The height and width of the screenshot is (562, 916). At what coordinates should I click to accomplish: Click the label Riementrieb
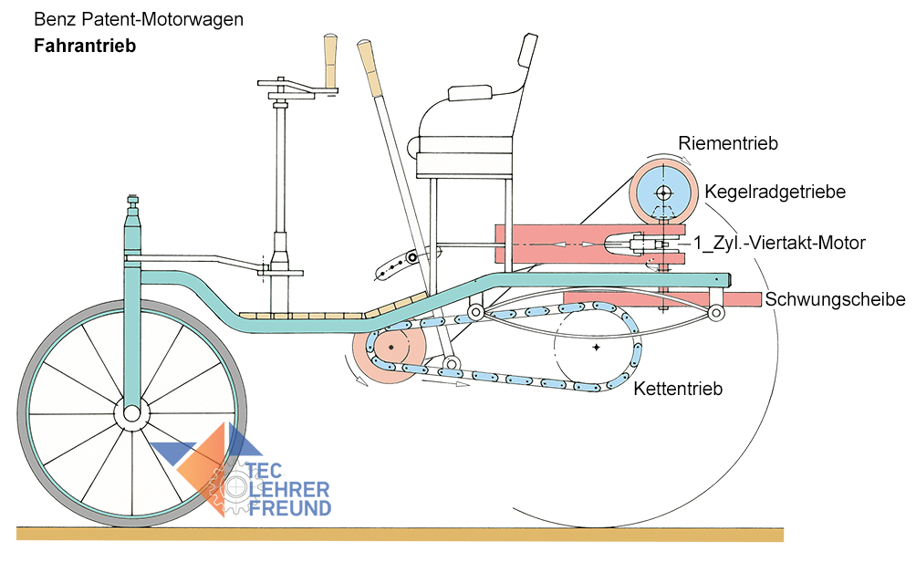[728, 142]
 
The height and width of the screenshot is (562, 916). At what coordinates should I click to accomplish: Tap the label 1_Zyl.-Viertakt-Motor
[778, 243]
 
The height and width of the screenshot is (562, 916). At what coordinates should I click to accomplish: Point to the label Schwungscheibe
[834, 299]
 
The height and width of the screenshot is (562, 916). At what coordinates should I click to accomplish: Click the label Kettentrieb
[679, 389]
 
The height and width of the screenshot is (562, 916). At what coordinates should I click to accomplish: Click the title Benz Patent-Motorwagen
[138, 18]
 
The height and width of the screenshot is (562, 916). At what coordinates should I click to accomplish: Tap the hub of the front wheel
[131, 413]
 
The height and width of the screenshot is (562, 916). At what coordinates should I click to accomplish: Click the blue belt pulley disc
[662, 193]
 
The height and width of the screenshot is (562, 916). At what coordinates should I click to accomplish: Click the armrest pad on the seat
[471, 94]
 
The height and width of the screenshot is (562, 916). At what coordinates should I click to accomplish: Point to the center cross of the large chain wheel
[596, 348]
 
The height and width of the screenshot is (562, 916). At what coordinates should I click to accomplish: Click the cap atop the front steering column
[133, 203]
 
